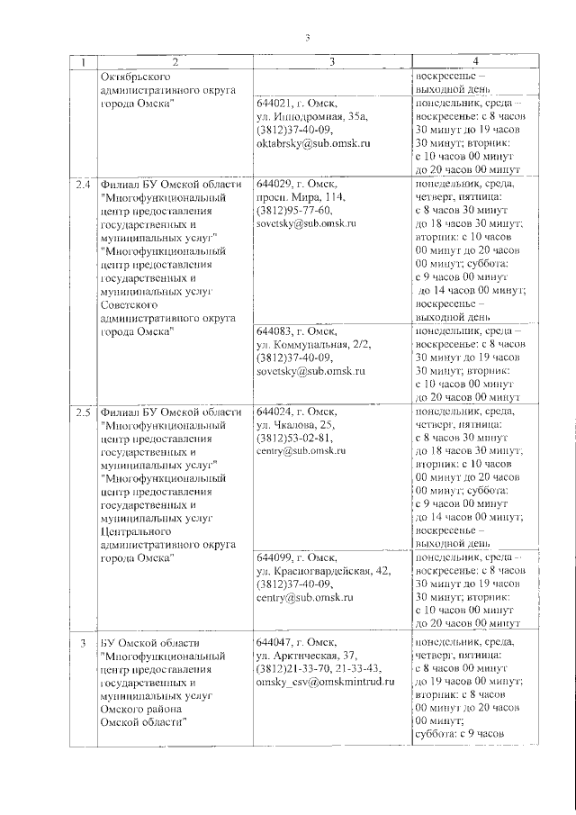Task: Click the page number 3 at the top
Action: pos(306,37)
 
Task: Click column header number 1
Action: pos(84,62)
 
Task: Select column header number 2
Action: pos(175,62)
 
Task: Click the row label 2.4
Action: pos(84,186)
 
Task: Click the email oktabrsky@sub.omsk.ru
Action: pos(314,143)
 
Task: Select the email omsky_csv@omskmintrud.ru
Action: pos(326,682)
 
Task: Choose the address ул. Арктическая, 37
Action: pos(306,655)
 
